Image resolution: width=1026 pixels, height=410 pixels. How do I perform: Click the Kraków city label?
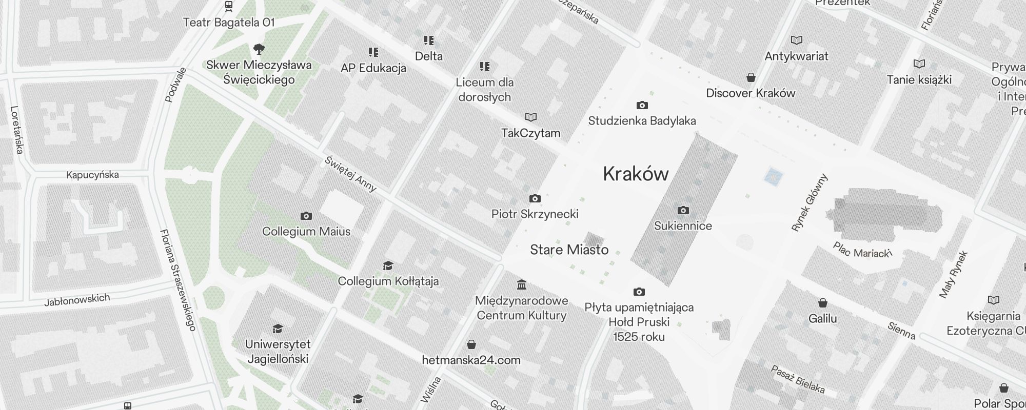click(x=636, y=174)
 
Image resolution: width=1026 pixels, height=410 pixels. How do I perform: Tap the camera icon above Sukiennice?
click(x=683, y=210)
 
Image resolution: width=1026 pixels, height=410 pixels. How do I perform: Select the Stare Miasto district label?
click(x=569, y=250)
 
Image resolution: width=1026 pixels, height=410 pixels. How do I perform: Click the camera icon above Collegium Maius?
click(x=306, y=216)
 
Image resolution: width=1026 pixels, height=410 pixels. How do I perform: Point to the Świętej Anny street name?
click(x=351, y=173)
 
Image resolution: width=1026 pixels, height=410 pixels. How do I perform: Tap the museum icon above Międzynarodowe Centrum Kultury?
click(x=522, y=284)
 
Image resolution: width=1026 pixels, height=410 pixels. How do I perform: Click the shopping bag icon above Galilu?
click(x=823, y=303)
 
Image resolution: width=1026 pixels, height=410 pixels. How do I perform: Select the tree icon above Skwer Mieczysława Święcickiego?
click(x=259, y=49)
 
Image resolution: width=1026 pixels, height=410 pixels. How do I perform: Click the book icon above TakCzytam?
click(x=531, y=117)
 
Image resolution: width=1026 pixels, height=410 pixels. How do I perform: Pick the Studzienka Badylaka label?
click(x=642, y=121)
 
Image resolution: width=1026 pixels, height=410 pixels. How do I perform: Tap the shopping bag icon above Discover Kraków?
click(x=751, y=77)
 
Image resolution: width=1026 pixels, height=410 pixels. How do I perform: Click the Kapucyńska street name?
click(x=92, y=175)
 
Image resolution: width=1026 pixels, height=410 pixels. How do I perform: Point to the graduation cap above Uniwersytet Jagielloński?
click(x=278, y=329)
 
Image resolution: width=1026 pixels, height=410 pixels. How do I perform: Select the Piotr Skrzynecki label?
click(x=535, y=214)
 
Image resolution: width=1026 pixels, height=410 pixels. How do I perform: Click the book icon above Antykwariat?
click(x=797, y=40)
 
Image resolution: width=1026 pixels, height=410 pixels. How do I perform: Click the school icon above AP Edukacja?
click(x=373, y=52)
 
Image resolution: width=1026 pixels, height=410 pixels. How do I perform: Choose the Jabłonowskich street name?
click(x=77, y=300)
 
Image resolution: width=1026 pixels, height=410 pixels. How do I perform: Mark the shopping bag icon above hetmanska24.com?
click(x=471, y=344)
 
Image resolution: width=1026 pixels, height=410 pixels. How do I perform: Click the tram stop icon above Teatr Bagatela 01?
click(x=229, y=7)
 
